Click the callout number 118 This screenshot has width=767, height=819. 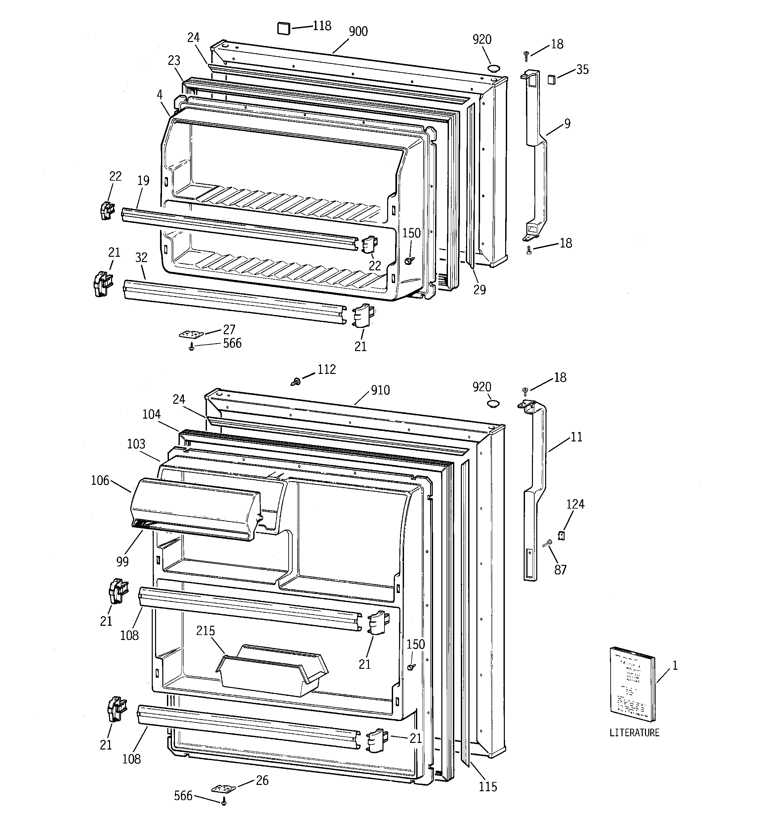tap(322, 26)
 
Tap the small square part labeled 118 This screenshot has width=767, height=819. tap(283, 29)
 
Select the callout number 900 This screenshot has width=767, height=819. tap(358, 32)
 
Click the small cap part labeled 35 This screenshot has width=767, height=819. tap(551, 79)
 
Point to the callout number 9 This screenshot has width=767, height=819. tap(567, 123)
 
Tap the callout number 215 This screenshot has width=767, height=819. tap(205, 631)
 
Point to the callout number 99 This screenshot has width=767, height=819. tap(122, 562)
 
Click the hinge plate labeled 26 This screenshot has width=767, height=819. tap(223, 788)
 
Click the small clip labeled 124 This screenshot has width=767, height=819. tap(561, 535)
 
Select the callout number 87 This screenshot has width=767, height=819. tap(560, 570)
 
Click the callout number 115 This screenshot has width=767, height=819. tap(488, 787)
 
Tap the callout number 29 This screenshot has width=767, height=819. tap(479, 290)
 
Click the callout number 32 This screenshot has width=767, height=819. tap(141, 257)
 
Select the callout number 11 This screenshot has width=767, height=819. tap(576, 437)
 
